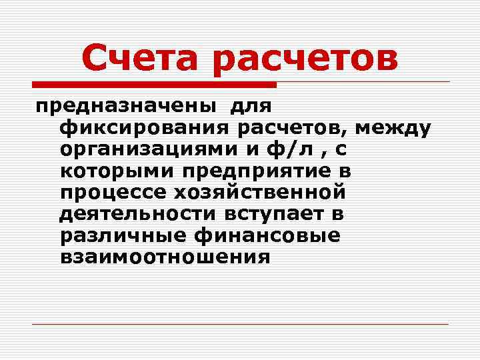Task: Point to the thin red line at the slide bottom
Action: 240,325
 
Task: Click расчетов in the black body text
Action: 297,127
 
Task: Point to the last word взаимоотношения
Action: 165,257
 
